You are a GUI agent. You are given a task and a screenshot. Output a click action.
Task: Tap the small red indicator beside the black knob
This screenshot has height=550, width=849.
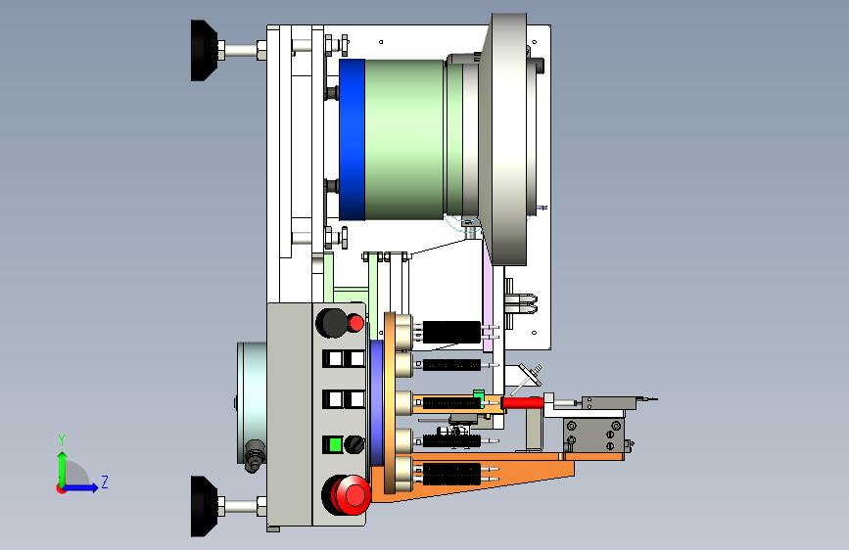click(355, 323)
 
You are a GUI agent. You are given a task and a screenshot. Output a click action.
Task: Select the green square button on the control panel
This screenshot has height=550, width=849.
click(335, 445)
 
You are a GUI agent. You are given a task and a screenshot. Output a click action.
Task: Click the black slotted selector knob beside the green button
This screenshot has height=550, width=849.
click(354, 445)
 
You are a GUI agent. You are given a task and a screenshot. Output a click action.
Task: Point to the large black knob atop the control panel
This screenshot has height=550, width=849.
click(331, 323)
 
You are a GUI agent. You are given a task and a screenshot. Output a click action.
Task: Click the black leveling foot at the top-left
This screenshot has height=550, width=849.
click(204, 50)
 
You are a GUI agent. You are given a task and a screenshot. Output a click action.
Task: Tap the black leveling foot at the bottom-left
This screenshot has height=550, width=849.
click(204, 506)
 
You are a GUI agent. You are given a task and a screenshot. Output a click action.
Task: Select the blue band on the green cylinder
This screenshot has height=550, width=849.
click(352, 140)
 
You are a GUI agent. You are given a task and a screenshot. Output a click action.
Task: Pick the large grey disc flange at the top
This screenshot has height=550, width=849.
click(504, 139)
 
